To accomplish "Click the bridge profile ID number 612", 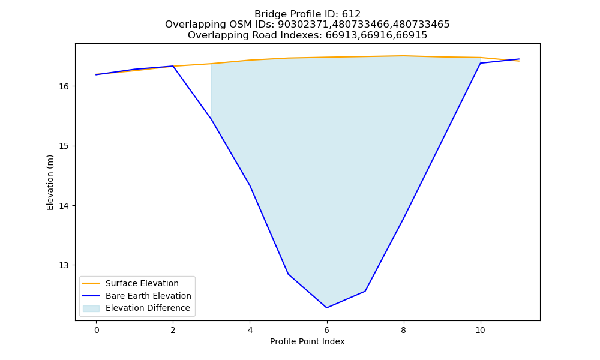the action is coord(351,14).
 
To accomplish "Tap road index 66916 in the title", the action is coord(376,35).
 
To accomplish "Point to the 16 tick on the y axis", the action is coord(64,86).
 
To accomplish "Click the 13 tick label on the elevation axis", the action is coord(64,265).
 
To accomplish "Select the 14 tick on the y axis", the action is coord(64,206).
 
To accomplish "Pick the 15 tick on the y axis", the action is coord(64,146).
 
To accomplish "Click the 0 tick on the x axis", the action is coord(97,330).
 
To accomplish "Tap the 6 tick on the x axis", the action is coord(327,330).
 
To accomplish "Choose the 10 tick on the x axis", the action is coord(480,330).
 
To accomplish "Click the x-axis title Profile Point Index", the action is coord(307,341).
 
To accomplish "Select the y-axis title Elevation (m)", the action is coord(50,182).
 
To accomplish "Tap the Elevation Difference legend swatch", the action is coord(91,308).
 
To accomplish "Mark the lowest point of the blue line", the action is coord(327,308).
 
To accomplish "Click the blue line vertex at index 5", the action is coord(288,274).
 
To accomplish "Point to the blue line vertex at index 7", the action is coord(365,291).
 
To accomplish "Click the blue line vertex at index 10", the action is coord(480,63).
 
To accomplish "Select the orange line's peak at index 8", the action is coord(403,56).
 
